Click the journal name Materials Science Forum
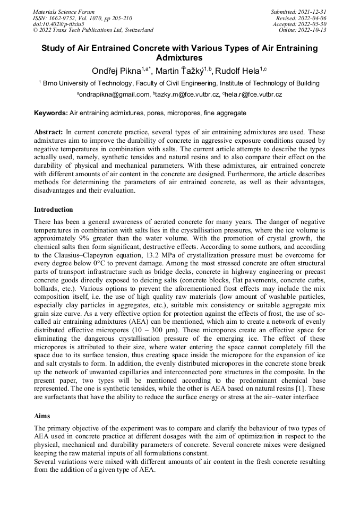(64, 12)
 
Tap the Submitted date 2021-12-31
(312, 12)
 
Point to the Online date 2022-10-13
(313, 30)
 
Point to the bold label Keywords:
(51, 113)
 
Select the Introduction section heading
(54, 210)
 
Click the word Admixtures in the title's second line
(179, 57)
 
